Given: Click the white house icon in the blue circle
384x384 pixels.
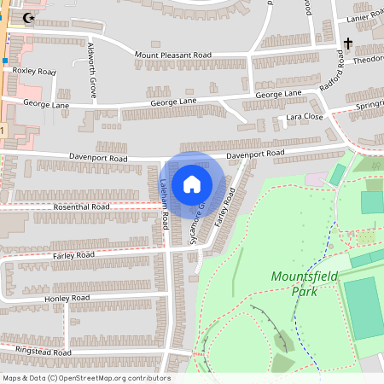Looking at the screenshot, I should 191,183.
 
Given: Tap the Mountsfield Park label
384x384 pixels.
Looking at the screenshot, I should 292,283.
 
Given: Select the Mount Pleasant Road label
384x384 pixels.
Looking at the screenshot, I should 172,55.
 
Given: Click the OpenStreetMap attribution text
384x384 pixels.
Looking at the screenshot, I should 85,378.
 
